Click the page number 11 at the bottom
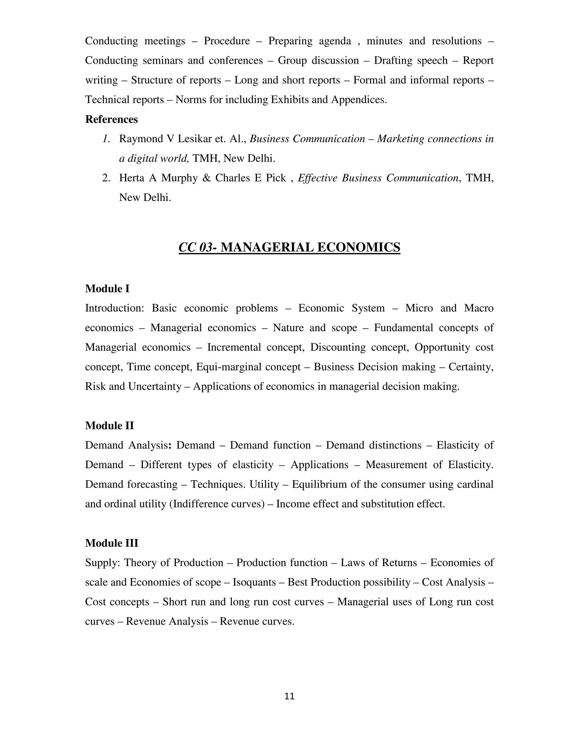[x=289, y=696]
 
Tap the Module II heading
[x=109, y=425]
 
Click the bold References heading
[x=111, y=119]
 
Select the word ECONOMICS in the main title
[x=358, y=247]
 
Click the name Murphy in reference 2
[x=180, y=178]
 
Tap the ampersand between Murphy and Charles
[x=206, y=178]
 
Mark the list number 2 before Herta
[x=106, y=178]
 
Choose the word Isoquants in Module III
[x=254, y=582]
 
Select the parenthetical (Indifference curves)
[x=217, y=503]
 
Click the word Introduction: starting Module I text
[x=114, y=308]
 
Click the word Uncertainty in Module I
[x=155, y=386]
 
